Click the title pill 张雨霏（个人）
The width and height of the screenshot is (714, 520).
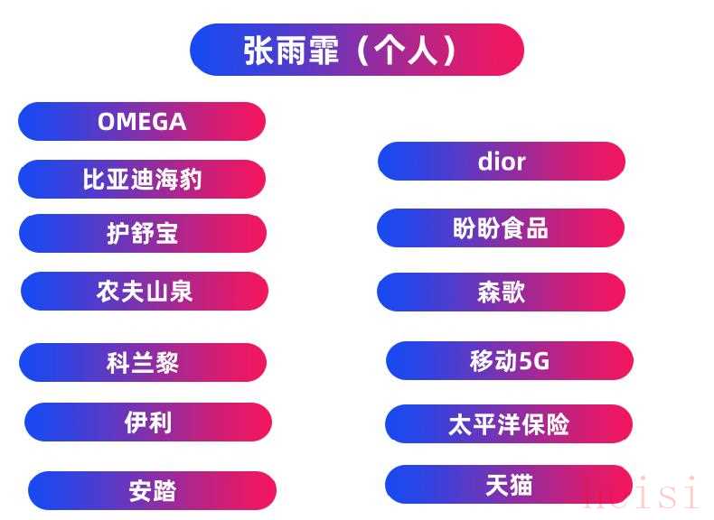pos(356,50)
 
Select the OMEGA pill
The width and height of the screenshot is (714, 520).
pos(142,122)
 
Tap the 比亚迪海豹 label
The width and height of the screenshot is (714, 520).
pos(142,179)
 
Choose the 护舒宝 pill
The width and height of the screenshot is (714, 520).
pos(143,234)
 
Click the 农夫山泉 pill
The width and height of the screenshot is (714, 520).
pos(145,292)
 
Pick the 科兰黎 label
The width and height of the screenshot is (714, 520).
pos(143,363)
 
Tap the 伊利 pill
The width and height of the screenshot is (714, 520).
pos(148,422)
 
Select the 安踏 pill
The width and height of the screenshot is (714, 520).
pos(152,491)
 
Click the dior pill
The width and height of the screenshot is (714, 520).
pos(502,161)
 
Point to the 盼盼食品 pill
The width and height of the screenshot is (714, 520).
pos(501,227)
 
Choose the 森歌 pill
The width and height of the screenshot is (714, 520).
pos(501,292)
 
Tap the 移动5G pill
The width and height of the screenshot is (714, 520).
pos(510,361)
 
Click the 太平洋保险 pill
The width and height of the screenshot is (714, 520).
pos(509,424)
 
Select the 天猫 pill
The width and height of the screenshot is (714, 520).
pos(509,485)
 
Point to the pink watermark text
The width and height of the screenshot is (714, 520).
pos(641,492)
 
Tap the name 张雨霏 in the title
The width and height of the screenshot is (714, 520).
pos(291,50)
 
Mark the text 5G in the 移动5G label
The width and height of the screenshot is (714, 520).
pos(534,361)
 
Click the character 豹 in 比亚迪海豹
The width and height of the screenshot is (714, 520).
pos(191,179)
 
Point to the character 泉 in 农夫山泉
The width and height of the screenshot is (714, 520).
pos(181,292)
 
